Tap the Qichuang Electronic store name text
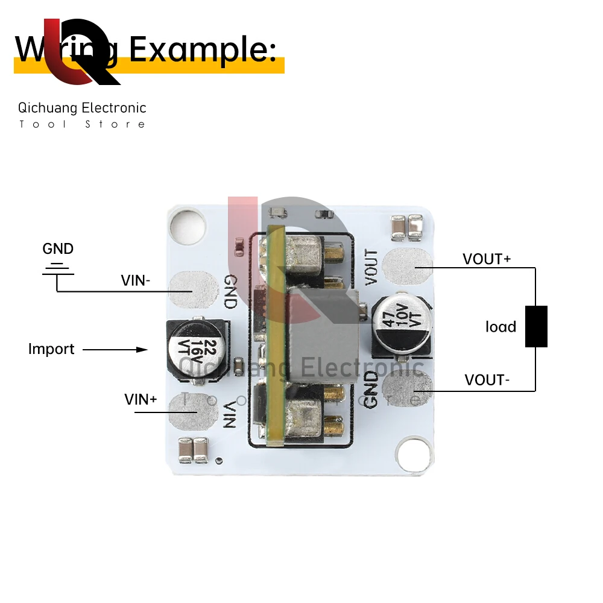point(82,108)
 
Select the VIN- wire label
point(136,280)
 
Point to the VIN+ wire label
point(140,399)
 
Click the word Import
point(51,349)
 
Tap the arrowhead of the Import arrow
point(142,349)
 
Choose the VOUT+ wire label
point(487,259)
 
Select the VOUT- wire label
point(487,380)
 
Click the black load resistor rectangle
point(536,326)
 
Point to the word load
point(500,327)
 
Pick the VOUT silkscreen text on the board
point(371,267)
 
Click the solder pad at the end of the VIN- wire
point(193,291)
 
